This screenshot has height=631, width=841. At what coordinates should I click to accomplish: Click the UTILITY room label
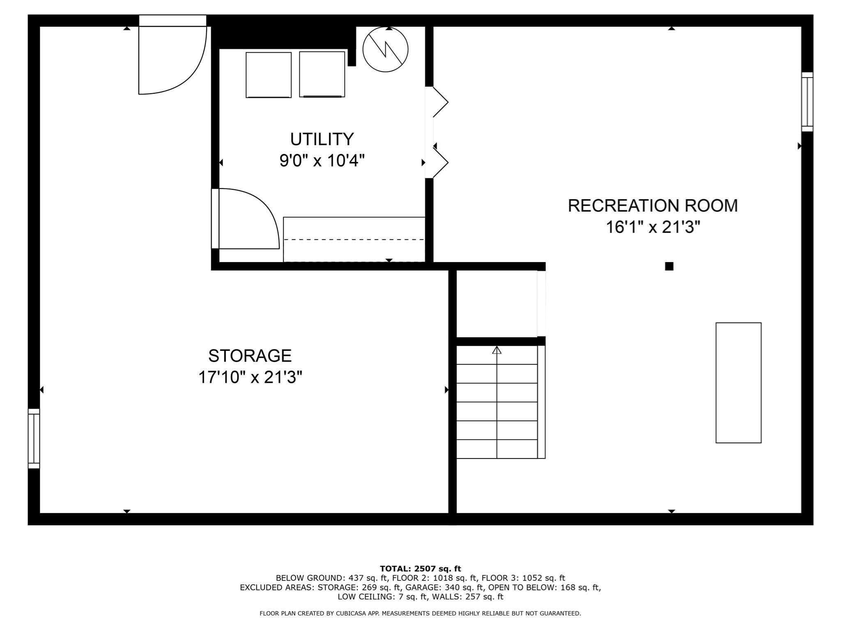(322, 139)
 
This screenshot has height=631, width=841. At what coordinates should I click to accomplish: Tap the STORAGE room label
(250, 356)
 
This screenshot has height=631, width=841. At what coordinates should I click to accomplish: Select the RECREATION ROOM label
(653, 205)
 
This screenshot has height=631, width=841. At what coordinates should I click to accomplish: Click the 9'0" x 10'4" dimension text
(322, 161)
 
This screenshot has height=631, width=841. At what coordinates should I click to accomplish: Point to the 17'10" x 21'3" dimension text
(250, 377)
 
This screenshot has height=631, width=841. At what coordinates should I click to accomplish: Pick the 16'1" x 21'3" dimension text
(653, 227)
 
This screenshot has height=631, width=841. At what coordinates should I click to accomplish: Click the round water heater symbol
(385, 50)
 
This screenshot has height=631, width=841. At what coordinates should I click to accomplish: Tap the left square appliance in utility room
(269, 75)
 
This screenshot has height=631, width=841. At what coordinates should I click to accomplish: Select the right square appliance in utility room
(322, 74)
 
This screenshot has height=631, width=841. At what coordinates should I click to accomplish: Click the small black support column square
(669, 266)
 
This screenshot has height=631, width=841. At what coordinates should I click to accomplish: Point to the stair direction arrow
(497, 350)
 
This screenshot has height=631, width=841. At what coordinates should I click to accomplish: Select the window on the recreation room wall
(807, 102)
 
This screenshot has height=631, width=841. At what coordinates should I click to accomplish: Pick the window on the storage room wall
(34, 438)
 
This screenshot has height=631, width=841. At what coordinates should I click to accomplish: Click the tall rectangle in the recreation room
(738, 382)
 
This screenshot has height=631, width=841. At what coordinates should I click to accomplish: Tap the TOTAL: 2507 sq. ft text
(420, 569)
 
